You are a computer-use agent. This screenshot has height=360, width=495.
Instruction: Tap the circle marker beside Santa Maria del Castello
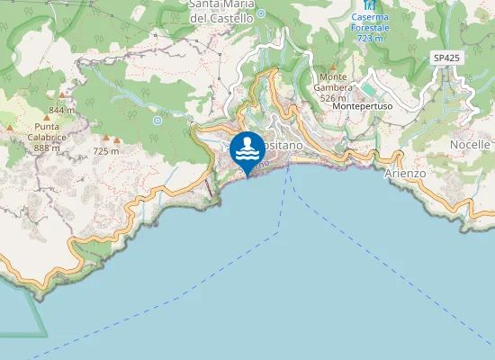[261, 14]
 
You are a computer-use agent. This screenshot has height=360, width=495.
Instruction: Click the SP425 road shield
[446, 58]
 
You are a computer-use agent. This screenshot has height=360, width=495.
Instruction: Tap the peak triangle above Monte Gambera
[333, 67]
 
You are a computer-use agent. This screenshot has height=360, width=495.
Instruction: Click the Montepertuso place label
[365, 106]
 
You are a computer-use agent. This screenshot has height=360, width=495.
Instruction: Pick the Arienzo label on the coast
[403, 172]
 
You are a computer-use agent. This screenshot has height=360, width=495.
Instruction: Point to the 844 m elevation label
[61, 110]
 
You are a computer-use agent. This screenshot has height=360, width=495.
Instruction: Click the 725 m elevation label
[105, 151]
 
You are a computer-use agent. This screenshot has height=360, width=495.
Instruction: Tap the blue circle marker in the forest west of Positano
[157, 119]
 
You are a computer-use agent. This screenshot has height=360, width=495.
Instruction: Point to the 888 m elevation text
[46, 148]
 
